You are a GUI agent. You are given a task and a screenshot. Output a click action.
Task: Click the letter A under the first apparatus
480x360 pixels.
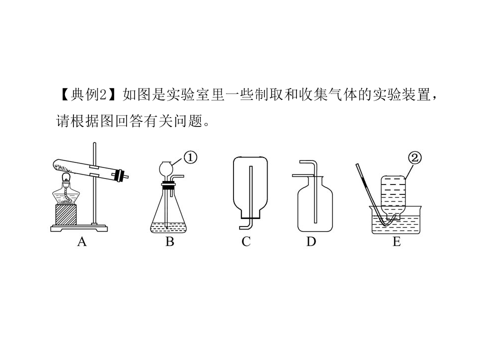click(82, 242)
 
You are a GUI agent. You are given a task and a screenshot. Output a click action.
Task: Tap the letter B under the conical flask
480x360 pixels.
click(170, 242)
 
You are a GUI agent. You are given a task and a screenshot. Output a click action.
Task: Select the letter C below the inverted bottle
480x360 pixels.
click(246, 242)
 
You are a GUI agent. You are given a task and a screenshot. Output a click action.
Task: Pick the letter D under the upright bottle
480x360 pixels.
click(311, 242)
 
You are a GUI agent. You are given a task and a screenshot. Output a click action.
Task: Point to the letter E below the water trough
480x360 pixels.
click(396, 242)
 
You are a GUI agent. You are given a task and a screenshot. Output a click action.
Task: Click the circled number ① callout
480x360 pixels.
click(190, 157)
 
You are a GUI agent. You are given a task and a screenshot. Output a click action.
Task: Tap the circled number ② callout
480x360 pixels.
click(415, 158)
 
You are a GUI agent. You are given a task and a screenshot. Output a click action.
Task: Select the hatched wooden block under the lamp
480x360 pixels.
click(66, 215)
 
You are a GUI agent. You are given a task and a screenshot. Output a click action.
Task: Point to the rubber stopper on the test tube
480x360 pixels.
click(119, 175)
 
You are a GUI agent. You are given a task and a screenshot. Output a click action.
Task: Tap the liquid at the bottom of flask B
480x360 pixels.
click(168, 227)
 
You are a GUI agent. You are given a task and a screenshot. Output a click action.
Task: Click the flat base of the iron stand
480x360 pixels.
click(79, 228)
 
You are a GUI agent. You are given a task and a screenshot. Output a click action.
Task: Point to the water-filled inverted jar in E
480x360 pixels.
click(393, 196)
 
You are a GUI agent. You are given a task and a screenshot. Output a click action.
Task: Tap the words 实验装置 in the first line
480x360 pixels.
click(401, 94)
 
